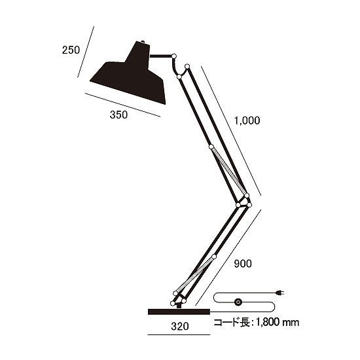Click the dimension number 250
[70, 49]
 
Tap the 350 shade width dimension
[118, 115]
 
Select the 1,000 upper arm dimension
[247, 120]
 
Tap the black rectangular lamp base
[178, 311]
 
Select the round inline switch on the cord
[238, 302]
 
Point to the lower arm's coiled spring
[196, 274]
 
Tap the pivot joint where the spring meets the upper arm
[211, 147]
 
